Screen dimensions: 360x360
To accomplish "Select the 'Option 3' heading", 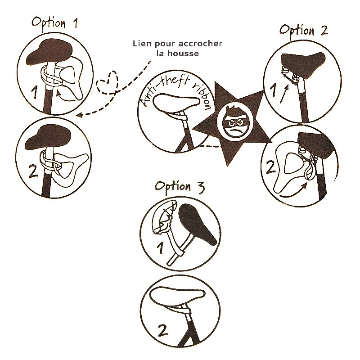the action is click(x=180, y=187).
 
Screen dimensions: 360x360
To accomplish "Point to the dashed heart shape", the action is click(x=107, y=83).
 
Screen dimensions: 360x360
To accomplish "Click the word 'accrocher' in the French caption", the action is click(x=200, y=43).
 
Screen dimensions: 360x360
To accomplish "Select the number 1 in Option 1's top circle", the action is click(x=35, y=92).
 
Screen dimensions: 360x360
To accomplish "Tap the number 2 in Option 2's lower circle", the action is click(x=271, y=167).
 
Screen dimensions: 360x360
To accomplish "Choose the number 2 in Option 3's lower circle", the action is click(x=163, y=330).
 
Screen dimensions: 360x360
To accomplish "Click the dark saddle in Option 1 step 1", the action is click(x=50, y=53).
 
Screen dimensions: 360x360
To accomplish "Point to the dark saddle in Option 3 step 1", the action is click(x=197, y=225).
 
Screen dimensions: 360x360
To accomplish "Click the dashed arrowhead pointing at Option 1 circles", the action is click(x=80, y=115).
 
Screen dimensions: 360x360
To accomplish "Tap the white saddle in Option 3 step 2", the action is click(x=177, y=297).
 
